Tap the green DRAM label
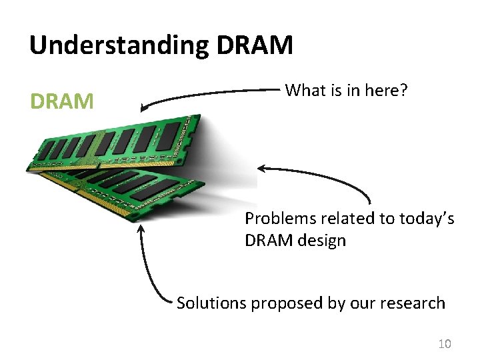pyautogui.click(x=62, y=101)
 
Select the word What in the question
pyautogui.click(x=304, y=90)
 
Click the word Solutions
pyautogui.click(x=211, y=303)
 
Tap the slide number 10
pyautogui.click(x=444, y=344)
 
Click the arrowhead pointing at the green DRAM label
pyautogui.click(x=144, y=106)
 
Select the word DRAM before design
pyautogui.click(x=269, y=241)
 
